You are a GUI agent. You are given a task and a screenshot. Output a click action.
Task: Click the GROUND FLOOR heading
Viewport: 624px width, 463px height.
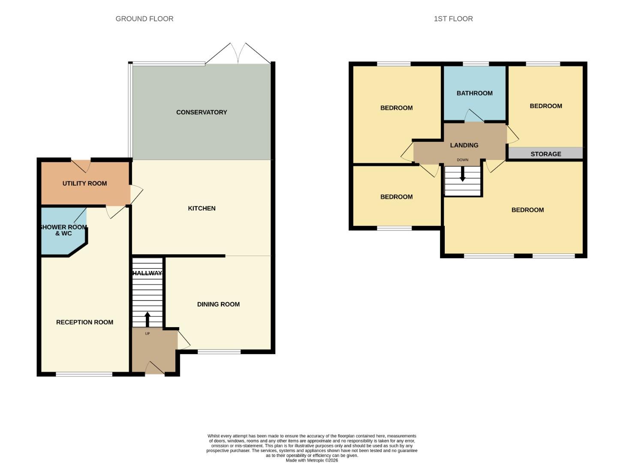click(145, 19)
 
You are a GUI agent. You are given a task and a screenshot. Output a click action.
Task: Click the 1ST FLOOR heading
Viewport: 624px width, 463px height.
click(453, 19)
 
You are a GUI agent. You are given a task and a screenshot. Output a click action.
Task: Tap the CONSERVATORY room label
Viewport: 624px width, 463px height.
click(202, 112)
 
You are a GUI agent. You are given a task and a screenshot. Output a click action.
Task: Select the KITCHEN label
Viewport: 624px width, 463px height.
click(202, 208)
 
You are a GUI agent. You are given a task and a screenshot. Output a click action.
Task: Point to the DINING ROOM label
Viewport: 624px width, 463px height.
click(218, 304)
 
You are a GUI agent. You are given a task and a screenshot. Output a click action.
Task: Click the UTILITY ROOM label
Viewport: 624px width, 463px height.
click(84, 183)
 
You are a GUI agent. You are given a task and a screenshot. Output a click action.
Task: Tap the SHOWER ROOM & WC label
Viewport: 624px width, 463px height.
click(63, 230)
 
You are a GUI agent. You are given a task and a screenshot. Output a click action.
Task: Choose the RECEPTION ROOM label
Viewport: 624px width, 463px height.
click(84, 322)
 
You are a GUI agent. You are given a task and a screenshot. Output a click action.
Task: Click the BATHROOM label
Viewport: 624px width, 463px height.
click(474, 93)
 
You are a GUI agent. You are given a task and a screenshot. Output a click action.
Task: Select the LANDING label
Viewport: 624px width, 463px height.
click(464, 145)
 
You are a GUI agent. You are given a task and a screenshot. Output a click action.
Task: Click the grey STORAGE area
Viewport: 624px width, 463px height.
click(546, 154)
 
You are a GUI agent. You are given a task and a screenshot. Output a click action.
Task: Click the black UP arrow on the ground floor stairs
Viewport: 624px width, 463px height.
click(147, 319)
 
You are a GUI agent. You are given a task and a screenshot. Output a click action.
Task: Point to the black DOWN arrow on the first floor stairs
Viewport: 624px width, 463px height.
click(462, 174)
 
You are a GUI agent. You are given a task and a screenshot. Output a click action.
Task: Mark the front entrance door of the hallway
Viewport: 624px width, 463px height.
click(154, 369)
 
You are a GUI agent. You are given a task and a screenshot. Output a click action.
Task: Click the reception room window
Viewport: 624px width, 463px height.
click(84, 374)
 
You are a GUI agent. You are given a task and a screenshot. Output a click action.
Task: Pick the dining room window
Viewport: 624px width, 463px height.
click(219, 352)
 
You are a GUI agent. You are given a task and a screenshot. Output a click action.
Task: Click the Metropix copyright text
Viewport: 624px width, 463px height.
click(312, 460)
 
